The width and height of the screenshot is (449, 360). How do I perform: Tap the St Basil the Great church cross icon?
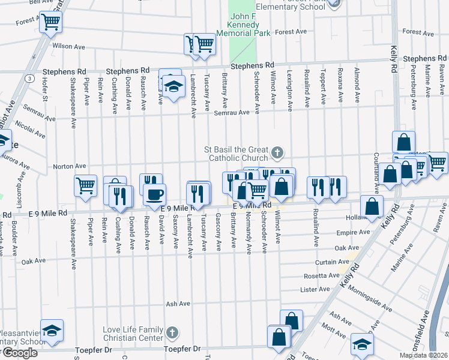tap(277, 154)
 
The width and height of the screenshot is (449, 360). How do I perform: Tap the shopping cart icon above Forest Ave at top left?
tap(51, 22)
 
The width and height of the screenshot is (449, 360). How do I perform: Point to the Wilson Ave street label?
tap(68, 46)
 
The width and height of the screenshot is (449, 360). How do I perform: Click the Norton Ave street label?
tap(70, 166)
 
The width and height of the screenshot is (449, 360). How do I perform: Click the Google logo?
tap(19, 353)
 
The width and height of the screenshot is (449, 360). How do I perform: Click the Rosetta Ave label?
tap(324, 275)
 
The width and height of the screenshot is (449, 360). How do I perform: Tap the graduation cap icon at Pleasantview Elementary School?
tap(52, 330)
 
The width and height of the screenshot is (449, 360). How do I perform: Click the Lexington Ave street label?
tap(290, 91)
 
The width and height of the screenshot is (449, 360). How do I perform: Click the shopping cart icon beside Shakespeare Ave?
tap(86, 185)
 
